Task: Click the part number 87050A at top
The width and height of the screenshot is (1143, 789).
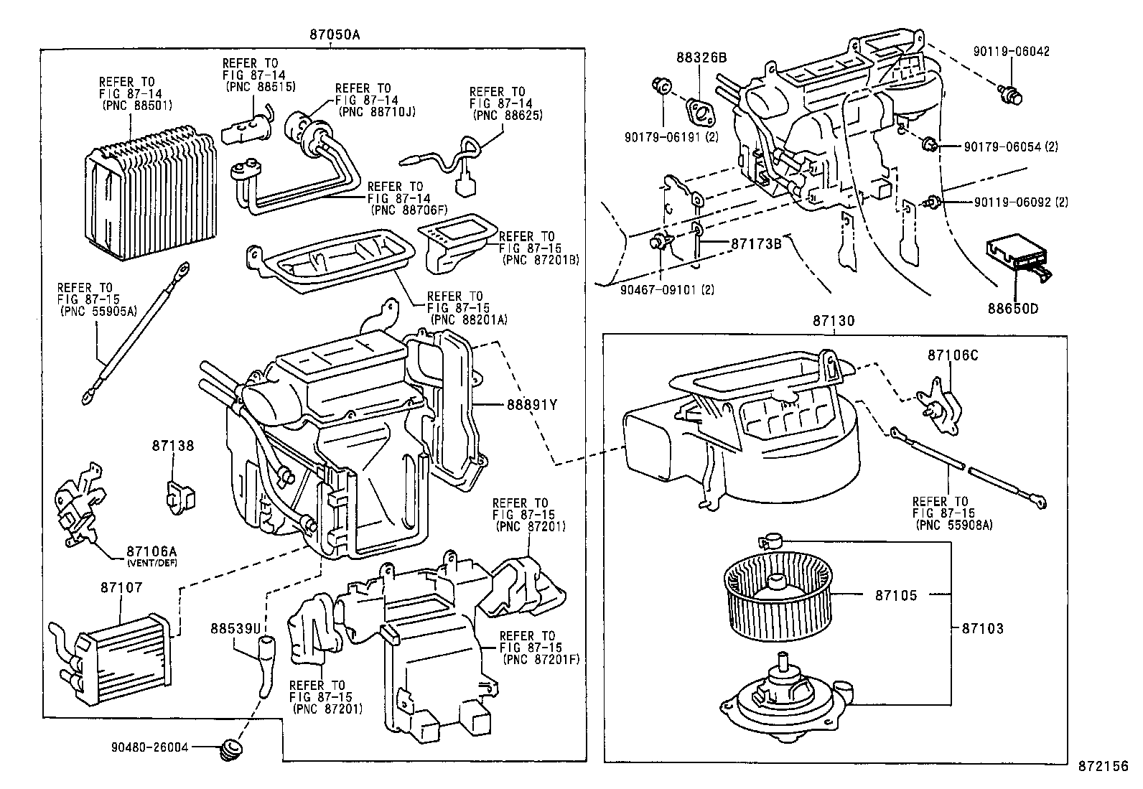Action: pos(330,34)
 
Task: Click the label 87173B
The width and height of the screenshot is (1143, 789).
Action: pos(756,243)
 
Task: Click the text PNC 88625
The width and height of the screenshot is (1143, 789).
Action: pos(508,114)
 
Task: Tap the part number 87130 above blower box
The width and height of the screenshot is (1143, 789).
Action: pos(834,321)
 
